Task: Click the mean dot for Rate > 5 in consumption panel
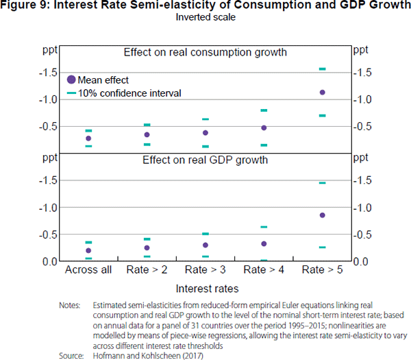(x=322, y=92)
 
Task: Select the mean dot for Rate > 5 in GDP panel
(x=322, y=215)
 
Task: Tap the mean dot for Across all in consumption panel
(x=88, y=139)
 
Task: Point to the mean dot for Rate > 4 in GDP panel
(x=264, y=243)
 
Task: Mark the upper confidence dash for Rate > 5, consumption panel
(x=322, y=69)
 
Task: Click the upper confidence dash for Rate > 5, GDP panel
(x=322, y=183)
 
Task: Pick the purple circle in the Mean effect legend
(x=71, y=80)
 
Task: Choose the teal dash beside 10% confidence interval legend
(x=71, y=93)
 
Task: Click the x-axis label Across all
(x=88, y=270)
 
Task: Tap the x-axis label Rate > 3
(x=206, y=270)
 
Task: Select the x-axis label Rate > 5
(x=322, y=270)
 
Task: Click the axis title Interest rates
(x=205, y=289)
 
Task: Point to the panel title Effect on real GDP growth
(x=205, y=160)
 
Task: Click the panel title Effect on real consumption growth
(x=205, y=52)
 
